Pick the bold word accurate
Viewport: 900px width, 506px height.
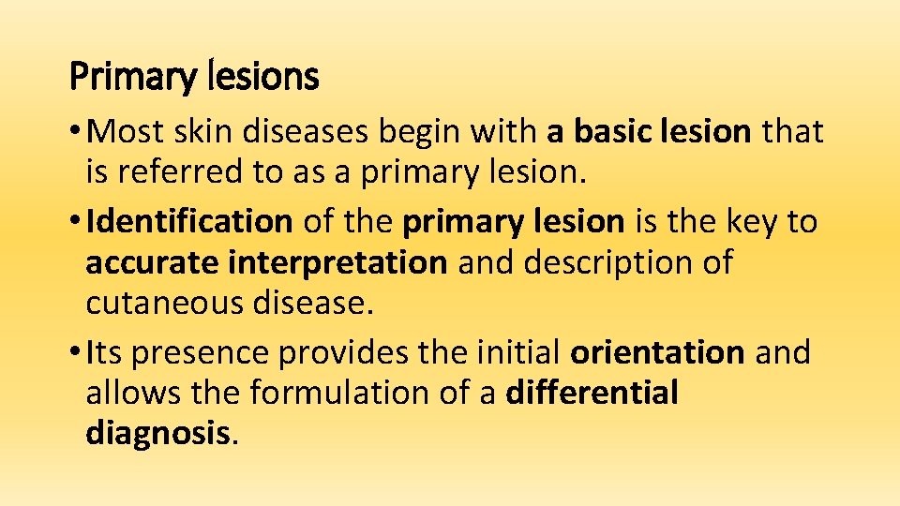click(152, 262)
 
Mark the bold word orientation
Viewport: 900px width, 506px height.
click(657, 353)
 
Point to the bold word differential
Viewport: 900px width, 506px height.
click(592, 393)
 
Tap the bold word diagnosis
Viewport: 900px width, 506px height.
click(157, 433)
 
